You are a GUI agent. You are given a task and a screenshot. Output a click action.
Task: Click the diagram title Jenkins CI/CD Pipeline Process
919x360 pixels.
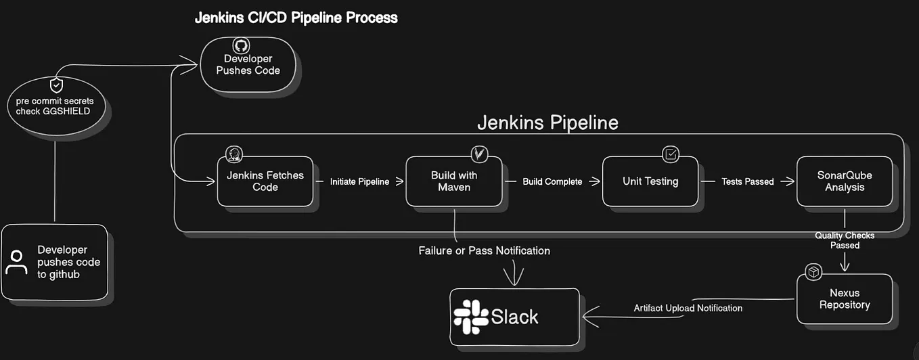click(x=296, y=18)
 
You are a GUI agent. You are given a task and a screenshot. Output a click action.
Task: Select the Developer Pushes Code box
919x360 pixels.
click(x=248, y=65)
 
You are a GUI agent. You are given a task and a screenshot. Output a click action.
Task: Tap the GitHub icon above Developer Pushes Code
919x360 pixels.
click(x=240, y=45)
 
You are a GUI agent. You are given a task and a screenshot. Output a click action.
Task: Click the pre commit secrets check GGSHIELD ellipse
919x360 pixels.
click(x=56, y=106)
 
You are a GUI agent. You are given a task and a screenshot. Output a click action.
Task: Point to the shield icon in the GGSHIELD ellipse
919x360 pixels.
click(x=57, y=85)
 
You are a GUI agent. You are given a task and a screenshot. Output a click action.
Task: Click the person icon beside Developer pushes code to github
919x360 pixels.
click(x=16, y=263)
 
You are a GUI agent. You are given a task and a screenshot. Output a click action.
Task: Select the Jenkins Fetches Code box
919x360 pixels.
click(x=265, y=181)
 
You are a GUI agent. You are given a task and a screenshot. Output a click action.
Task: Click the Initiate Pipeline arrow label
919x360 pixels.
click(x=359, y=182)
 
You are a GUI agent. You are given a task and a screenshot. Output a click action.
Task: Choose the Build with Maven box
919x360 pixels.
click(x=454, y=181)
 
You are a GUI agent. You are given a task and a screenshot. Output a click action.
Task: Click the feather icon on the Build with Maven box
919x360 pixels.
click(x=480, y=154)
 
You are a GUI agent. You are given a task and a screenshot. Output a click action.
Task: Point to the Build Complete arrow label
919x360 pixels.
click(x=552, y=182)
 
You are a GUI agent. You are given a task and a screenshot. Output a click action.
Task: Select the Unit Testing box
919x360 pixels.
click(x=650, y=181)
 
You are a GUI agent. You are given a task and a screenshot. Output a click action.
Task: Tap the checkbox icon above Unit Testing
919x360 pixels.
click(x=671, y=154)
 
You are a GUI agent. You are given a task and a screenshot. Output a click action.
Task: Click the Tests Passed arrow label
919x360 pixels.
click(x=747, y=182)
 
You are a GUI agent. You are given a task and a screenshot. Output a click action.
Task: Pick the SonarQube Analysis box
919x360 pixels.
click(x=844, y=181)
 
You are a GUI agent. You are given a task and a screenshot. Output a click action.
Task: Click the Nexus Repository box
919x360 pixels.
click(x=844, y=299)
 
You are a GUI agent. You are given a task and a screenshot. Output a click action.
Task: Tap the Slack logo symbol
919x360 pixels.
click(x=471, y=317)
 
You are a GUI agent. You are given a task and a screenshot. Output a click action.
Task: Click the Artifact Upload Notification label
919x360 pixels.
click(x=688, y=309)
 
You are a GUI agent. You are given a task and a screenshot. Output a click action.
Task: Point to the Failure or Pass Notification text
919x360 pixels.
click(x=484, y=251)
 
